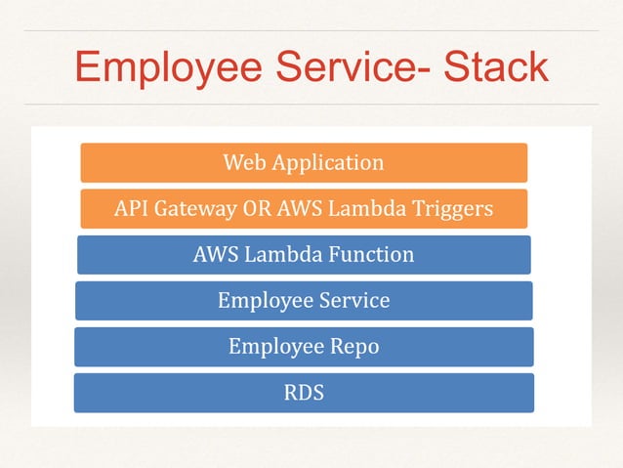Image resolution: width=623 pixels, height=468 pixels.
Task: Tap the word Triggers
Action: pos(452,209)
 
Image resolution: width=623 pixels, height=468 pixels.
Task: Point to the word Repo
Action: pos(354,347)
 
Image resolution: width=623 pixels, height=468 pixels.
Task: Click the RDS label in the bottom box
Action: pos(304,394)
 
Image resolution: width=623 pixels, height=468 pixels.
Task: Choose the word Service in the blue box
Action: pos(354,301)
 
